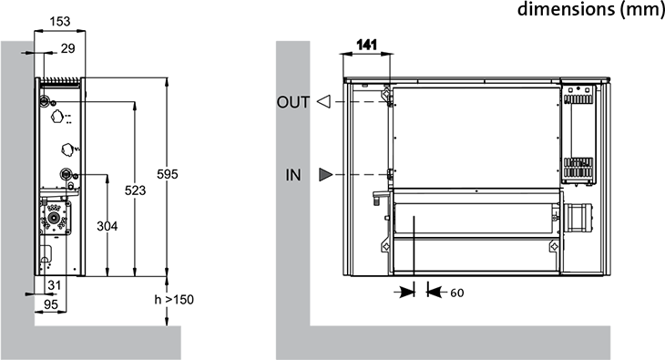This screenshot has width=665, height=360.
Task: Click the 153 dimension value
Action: [60, 21]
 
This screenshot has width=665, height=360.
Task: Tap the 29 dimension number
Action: [67, 49]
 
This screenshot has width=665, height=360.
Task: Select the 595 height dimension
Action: [168, 174]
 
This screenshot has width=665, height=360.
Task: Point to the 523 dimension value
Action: [136, 190]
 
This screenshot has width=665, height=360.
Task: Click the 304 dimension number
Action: [107, 226]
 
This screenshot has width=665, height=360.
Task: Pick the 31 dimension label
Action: [55, 285]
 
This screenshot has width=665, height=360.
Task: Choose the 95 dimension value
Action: [51, 304]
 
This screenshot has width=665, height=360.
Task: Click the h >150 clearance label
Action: [174, 300]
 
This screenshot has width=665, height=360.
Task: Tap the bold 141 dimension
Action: [367, 45]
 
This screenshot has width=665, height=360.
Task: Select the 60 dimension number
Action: [456, 293]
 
